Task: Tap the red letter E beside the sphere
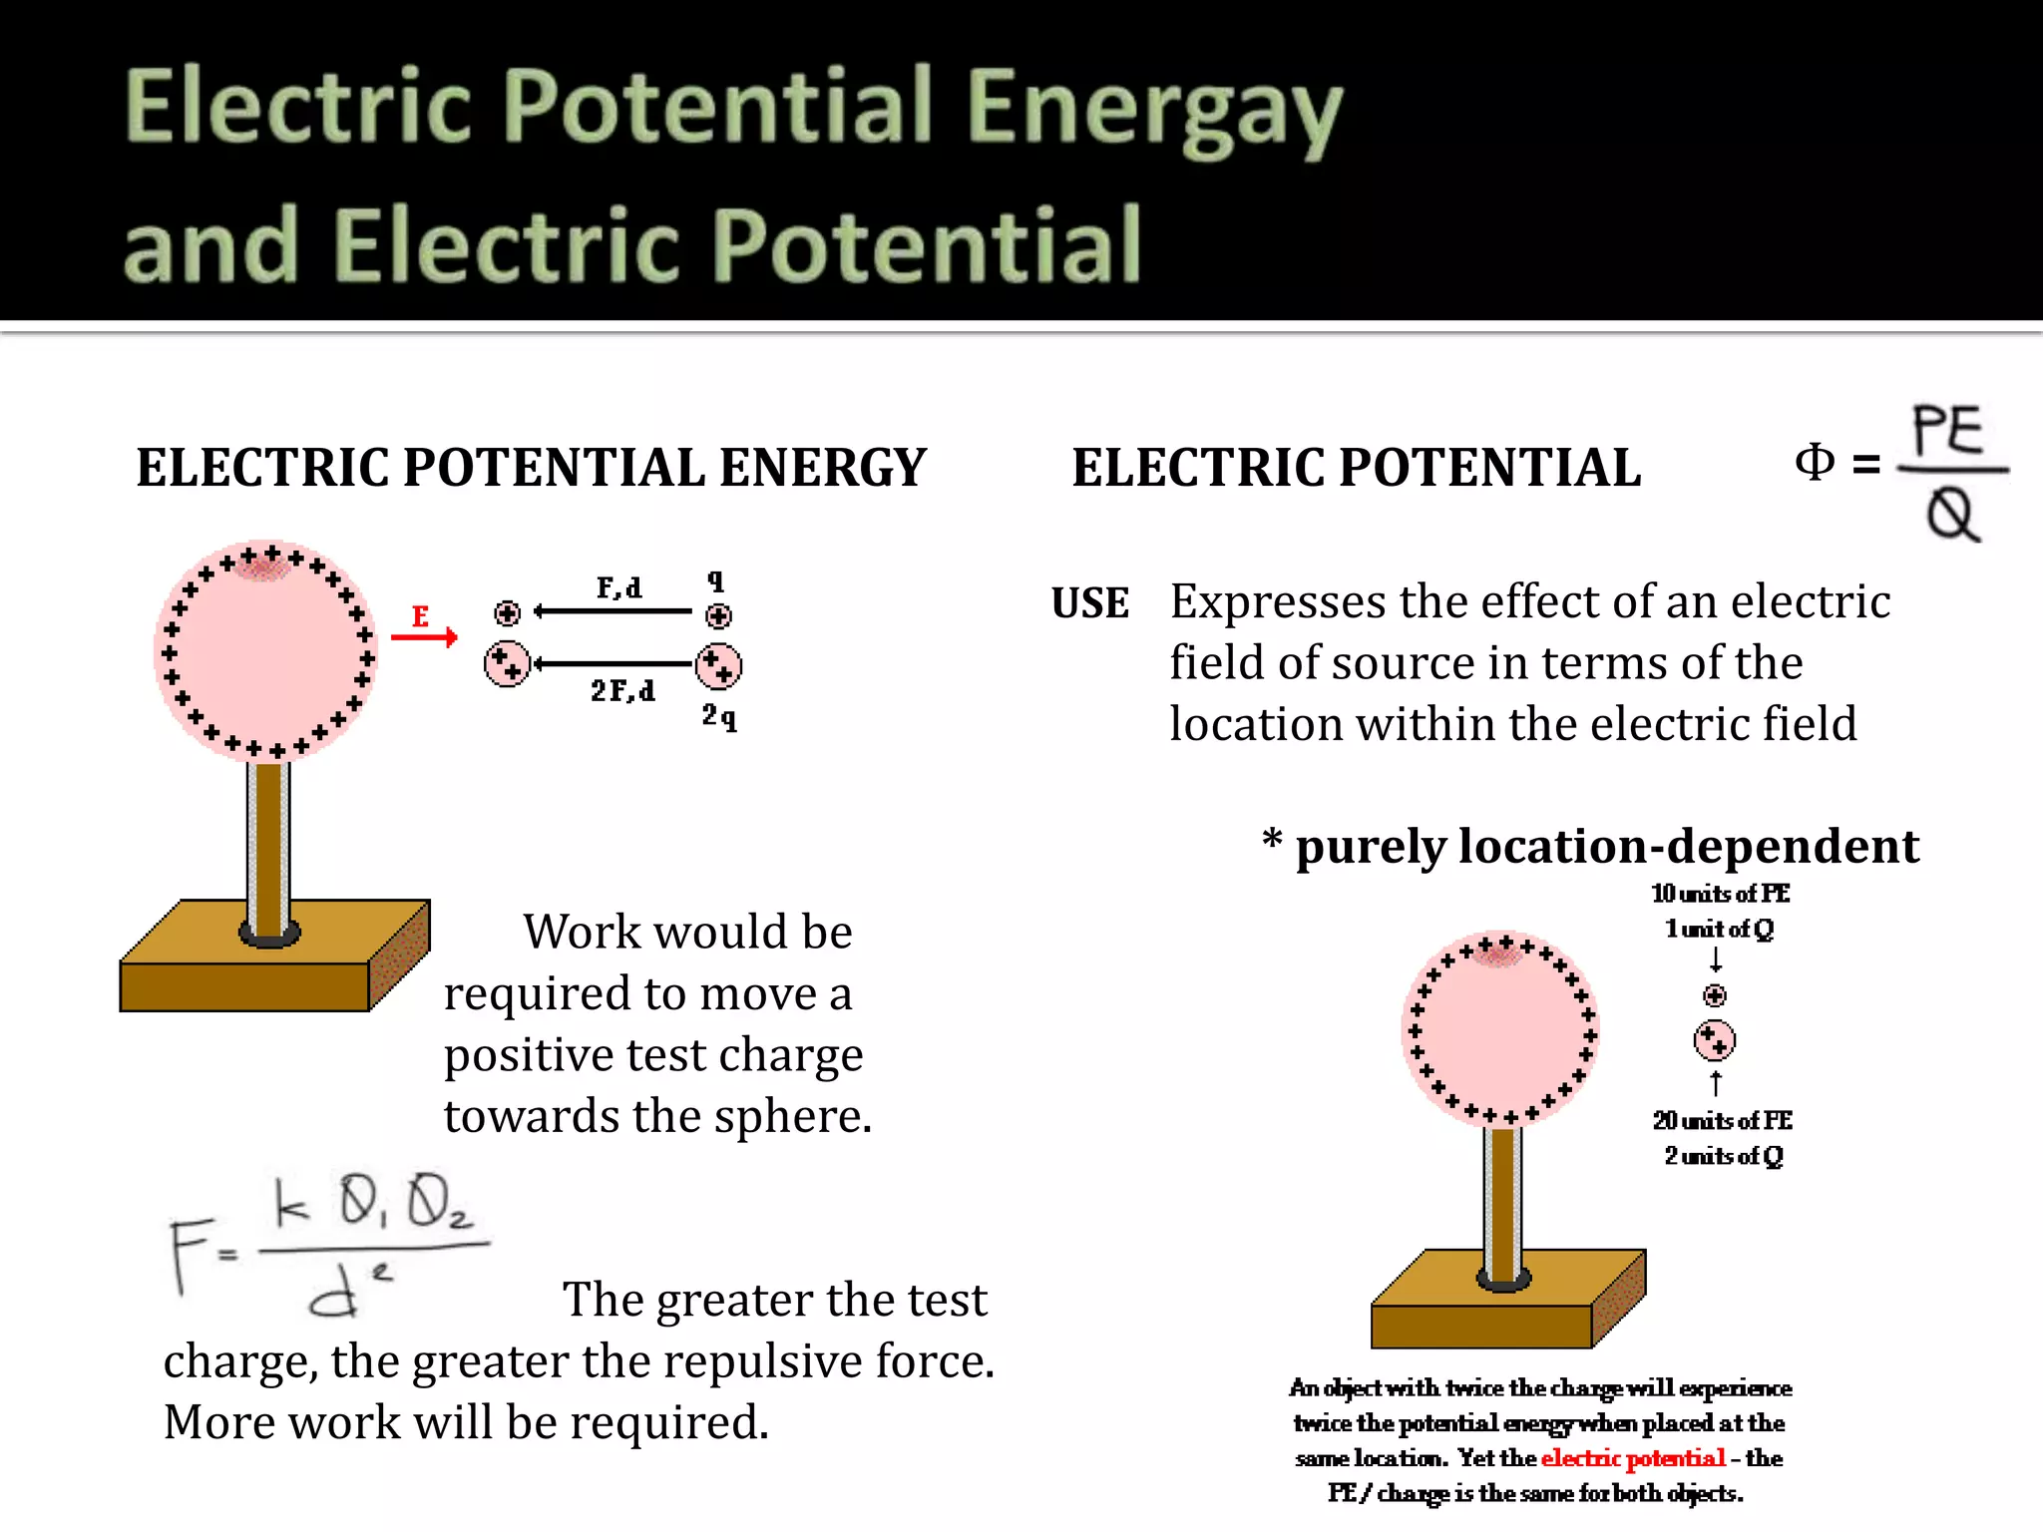click(420, 615)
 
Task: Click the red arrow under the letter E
click(425, 636)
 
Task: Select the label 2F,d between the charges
click(622, 690)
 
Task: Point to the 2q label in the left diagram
click(718, 715)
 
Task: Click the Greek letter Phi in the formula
click(1814, 462)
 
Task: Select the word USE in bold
click(1089, 603)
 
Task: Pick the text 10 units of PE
click(1720, 893)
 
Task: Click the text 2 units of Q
click(1723, 1156)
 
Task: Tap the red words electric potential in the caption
click(1633, 1458)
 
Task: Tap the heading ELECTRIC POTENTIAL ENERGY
click(532, 467)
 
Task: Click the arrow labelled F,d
click(613, 610)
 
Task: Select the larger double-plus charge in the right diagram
click(1714, 1040)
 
